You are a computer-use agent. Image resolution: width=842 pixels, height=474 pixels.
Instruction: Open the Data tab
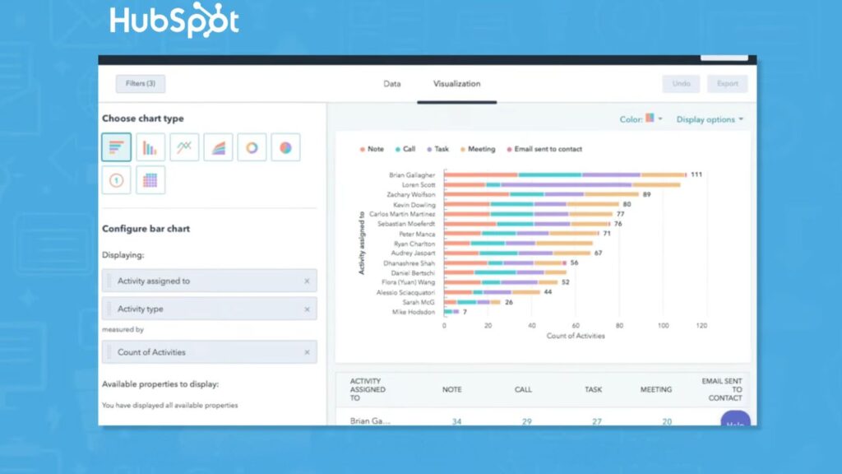(392, 84)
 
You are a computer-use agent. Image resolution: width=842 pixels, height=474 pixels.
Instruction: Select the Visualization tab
(456, 84)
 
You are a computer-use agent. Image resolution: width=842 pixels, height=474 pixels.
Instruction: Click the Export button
(728, 84)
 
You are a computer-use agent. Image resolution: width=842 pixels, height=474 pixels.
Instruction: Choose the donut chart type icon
(252, 147)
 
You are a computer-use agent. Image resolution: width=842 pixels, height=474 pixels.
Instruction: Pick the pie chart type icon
(285, 147)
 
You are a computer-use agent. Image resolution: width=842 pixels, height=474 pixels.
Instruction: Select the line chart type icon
(184, 147)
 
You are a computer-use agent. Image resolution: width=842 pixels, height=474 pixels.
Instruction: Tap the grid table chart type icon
(150, 180)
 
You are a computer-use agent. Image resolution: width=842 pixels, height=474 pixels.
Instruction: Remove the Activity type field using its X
(307, 309)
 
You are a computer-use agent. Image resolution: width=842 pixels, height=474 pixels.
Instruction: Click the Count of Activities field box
(209, 352)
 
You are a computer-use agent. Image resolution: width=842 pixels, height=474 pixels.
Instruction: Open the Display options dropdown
(710, 119)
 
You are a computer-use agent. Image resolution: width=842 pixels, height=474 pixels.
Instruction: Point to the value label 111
(696, 174)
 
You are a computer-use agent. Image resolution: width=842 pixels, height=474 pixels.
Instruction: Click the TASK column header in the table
(593, 390)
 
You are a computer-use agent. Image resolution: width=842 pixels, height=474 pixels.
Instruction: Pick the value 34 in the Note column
(456, 421)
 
